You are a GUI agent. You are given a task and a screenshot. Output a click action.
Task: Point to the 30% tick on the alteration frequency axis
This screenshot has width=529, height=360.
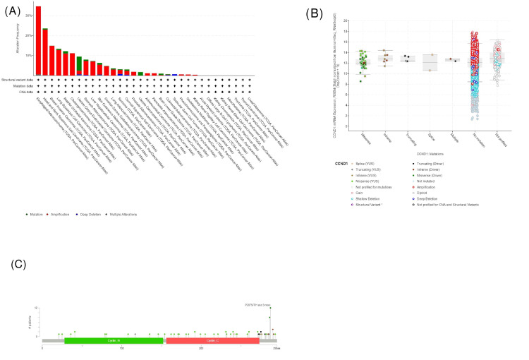pos(28,15)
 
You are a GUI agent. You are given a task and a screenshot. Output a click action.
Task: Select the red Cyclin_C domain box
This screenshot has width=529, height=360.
pos(212,340)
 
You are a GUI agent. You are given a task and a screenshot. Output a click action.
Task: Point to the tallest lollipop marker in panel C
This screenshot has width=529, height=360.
pos(270,308)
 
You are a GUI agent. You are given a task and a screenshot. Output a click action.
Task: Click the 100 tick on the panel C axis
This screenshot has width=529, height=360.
pos(121,348)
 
